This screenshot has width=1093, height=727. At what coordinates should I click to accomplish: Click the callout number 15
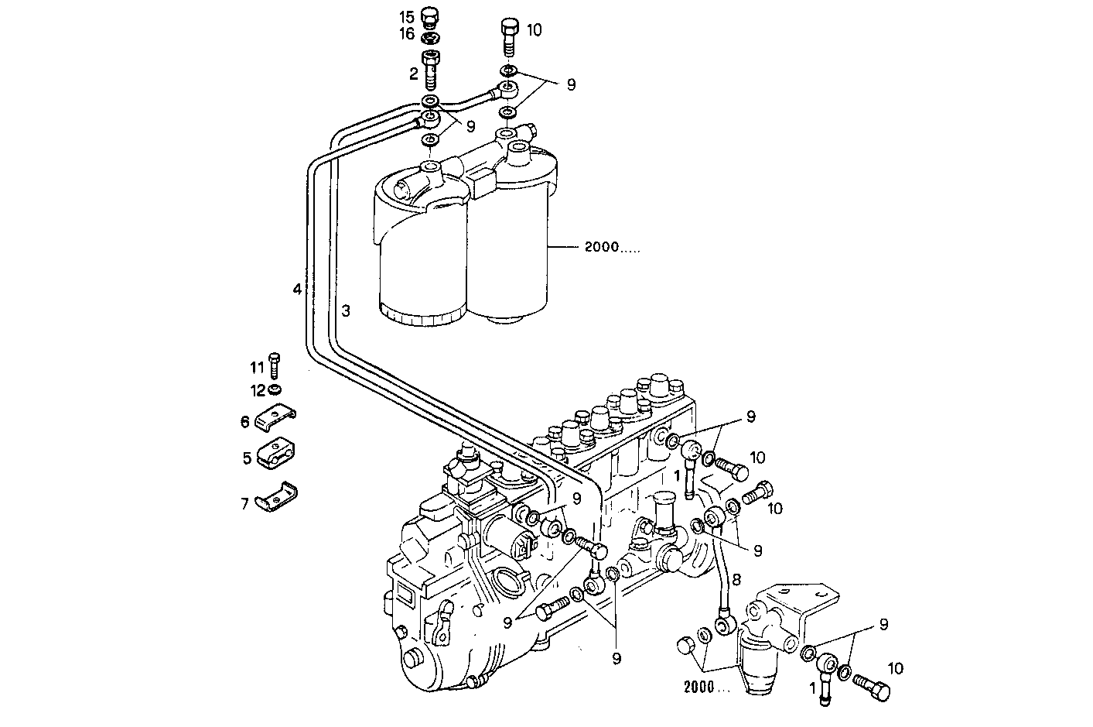pos(406,16)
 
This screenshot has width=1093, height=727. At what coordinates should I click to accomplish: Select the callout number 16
pos(406,34)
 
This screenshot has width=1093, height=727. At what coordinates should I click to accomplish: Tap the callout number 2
pos(413,74)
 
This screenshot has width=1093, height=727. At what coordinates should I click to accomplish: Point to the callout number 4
pos(296,290)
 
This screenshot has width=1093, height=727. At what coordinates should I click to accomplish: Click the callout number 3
pos(347,311)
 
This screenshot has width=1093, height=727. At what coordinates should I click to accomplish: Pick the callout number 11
pos(256,365)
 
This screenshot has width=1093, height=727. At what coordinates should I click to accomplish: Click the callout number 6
pos(244,421)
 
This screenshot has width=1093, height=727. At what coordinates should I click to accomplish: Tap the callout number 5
pos(247,458)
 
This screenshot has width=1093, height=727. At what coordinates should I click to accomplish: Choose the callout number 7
pos(244,504)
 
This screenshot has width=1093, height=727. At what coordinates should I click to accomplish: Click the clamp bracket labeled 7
pos(278,499)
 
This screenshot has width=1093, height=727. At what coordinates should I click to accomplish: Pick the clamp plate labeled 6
pos(277,419)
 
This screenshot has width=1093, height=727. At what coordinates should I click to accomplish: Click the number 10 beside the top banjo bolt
pos(534,30)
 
